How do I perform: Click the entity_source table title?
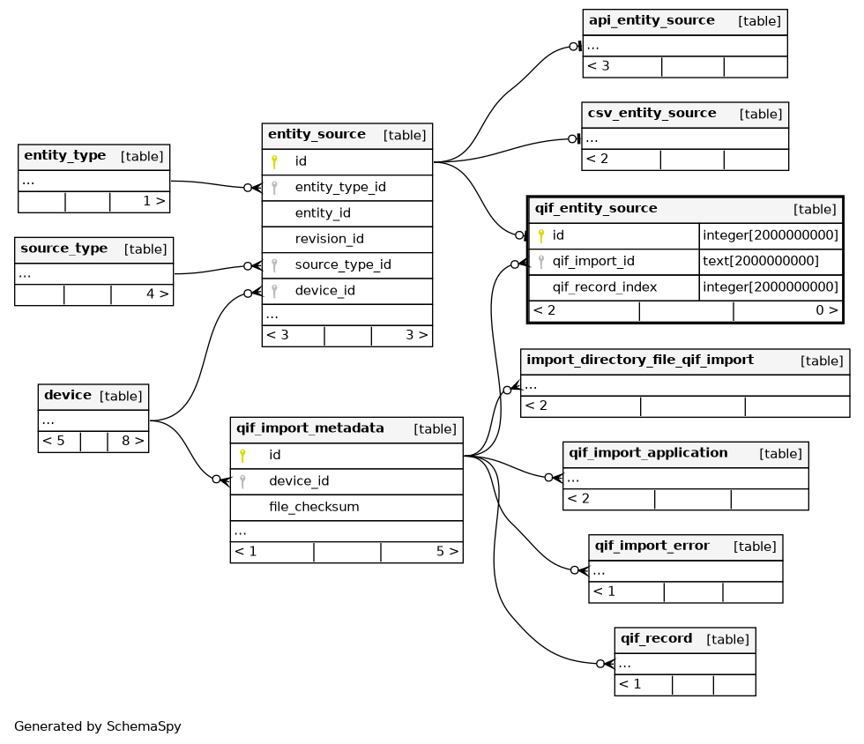click(317, 135)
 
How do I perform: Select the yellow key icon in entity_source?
click(274, 161)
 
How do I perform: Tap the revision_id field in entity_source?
click(330, 239)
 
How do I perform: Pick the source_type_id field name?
click(343, 265)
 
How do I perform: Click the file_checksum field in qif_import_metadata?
click(314, 507)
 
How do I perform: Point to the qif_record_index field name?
click(605, 287)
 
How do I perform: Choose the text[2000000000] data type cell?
click(761, 261)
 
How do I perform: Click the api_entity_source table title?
click(652, 21)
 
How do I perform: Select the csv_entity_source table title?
click(652, 114)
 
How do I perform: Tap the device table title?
click(68, 395)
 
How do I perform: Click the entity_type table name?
click(65, 156)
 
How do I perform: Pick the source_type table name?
click(63, 249)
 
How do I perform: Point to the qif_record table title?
click(656, 639)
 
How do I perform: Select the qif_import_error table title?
click(652, 547)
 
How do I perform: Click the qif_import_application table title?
click(648, 454)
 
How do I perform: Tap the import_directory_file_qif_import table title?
click(640, 361)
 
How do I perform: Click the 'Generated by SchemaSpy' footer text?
click(98, 726)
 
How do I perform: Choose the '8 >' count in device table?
click(133, 441)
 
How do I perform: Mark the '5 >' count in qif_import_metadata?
click(448, 552)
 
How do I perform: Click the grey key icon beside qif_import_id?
click(541, 262)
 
